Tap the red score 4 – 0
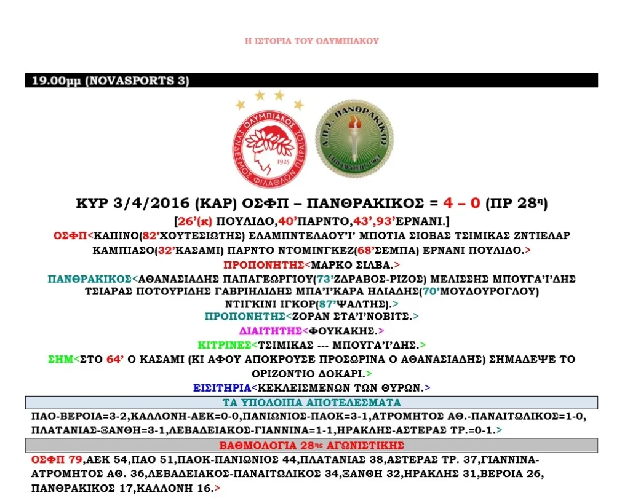click(x=455, y=203)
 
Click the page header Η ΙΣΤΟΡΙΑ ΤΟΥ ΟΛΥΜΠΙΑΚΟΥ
click(x=311, y=41)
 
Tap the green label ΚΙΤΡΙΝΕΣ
click(x=224, y=345)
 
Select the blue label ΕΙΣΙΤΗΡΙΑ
click(x=221, y=387)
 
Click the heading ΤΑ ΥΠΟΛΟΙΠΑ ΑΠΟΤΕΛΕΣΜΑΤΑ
click(x=311, y=403)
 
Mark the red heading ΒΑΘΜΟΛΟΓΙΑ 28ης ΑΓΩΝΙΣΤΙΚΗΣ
click(x=311, y=445)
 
